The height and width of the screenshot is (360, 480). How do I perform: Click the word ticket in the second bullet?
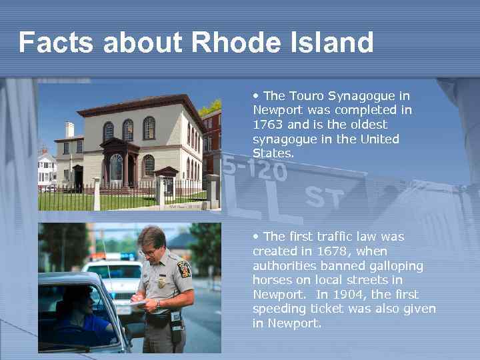coord(328,309)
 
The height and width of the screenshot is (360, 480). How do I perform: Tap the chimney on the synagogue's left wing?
coord(70,129)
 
